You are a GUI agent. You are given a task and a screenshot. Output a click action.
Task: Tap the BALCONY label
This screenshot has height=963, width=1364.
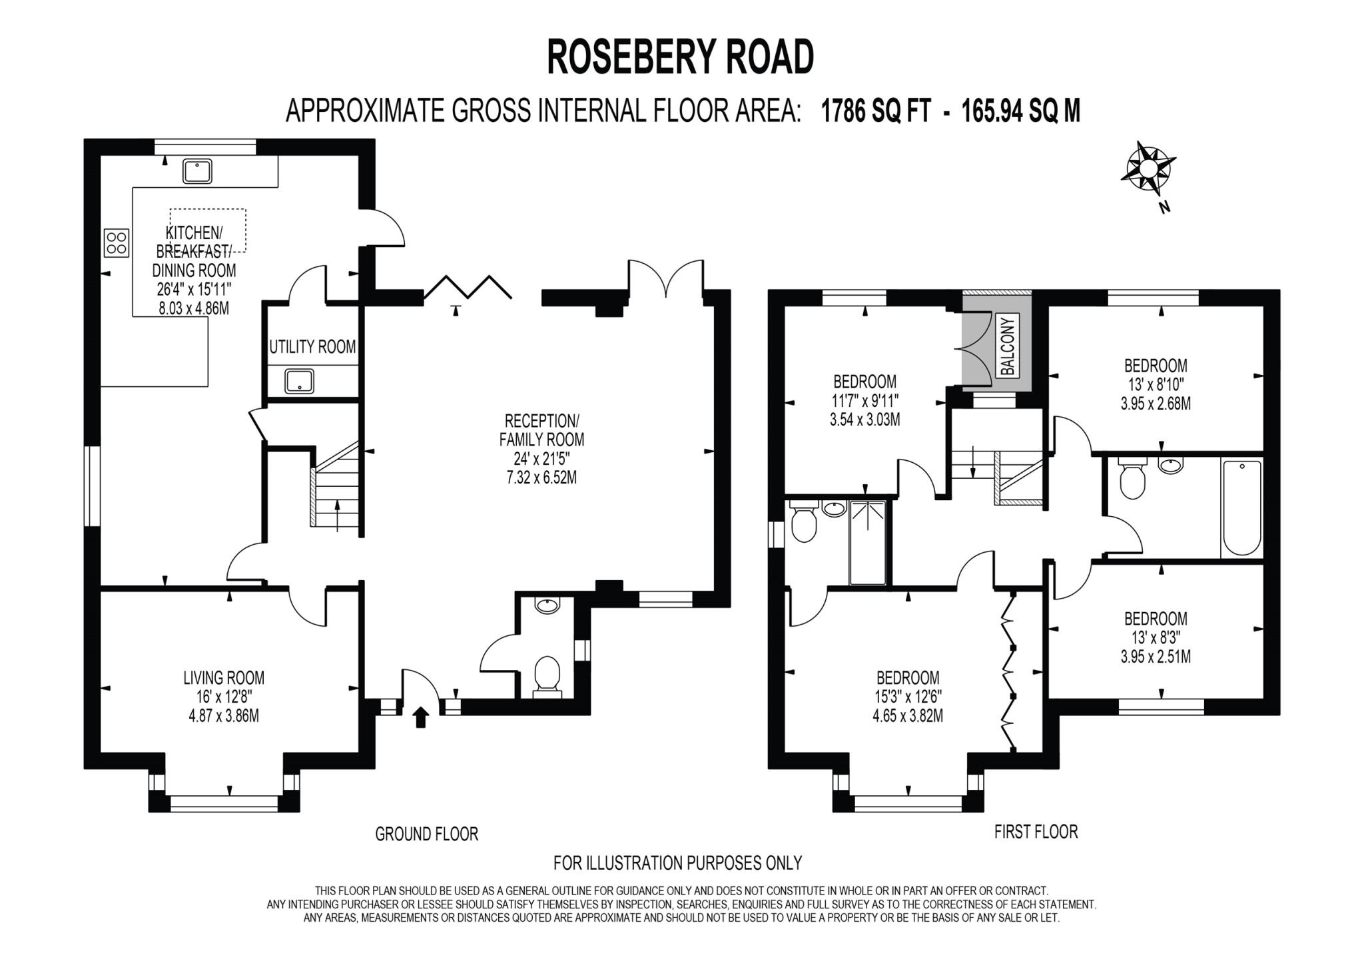coord(1007,346)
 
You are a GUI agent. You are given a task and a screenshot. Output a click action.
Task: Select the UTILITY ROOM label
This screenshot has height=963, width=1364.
coord(312,347)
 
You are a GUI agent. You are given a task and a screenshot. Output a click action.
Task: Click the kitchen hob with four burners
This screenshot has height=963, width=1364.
coord(116,242)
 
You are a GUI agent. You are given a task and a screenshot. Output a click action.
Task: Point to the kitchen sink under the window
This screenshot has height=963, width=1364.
coord(197,171)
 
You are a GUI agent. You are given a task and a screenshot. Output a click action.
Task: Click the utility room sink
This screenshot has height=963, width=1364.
coord(299,382)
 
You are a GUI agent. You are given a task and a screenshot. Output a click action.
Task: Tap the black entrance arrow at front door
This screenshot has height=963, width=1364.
coord(420,717)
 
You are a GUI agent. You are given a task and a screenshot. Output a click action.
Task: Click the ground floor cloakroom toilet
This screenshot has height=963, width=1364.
coord(547,674)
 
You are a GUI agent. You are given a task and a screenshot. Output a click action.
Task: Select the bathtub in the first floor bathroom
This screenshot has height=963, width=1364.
coord(1242,507)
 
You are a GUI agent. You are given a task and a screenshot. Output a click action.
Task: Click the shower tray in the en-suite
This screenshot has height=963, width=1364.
coord(868,543)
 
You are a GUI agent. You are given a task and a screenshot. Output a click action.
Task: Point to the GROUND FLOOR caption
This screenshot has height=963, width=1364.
coord(426,834)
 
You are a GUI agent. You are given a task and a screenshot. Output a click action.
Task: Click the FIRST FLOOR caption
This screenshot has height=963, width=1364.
coord(1036,832)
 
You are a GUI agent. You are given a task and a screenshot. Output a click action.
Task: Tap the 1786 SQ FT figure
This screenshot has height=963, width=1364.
coord(876,111)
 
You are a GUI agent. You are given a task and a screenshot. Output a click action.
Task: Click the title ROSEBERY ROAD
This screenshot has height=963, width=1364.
coord(680,57)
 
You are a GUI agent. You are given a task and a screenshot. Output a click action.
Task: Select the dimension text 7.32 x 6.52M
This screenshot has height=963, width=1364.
coord(541,477)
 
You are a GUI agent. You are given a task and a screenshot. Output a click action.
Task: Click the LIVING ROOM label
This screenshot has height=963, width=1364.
coord(224,678)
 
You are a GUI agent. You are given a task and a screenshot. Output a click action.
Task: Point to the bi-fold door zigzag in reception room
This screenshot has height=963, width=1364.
coord(468,287)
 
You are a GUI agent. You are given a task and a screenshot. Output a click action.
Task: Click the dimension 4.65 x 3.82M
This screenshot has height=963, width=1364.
coord(908,716)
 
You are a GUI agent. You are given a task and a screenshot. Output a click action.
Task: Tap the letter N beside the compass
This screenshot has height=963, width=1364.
coord(1164,207)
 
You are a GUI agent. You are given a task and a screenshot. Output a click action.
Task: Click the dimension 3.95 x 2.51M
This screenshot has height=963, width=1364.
coord(1156,657)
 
